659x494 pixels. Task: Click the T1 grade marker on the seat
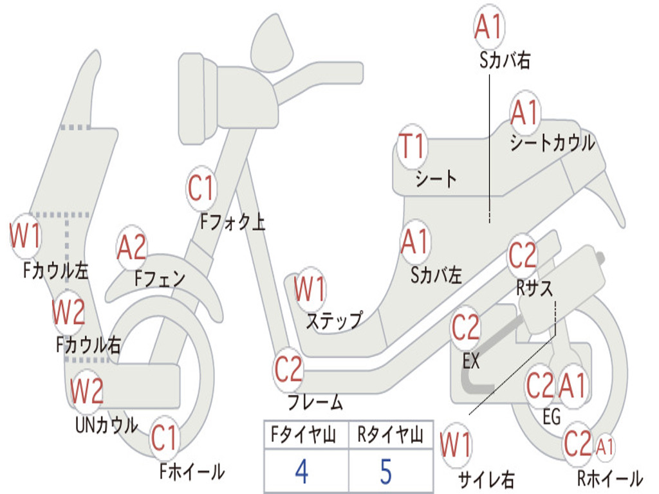(x=413, y=146)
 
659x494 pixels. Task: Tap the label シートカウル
(x=552, y=143)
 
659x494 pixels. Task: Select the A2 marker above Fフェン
(x=132, y=248)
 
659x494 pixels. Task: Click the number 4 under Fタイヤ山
(x=301, y=471)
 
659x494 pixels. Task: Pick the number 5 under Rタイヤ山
(x=385, y=471)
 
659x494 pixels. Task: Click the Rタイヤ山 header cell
(x=390, y=436)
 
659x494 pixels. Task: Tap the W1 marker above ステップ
(x=310, y=289)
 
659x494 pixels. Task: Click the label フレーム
(x=315, y=403)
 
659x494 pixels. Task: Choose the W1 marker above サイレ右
(x=456, y=445)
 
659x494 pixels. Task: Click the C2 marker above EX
(x=466, y=328)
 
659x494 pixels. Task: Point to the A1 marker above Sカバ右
(x=488, y=28)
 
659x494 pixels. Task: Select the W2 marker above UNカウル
(x=87, y=391)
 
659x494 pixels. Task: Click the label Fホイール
(x=192, y=471)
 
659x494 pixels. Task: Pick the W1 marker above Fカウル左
(x=26, y=235)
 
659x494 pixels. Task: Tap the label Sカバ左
(x=436, y=276)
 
